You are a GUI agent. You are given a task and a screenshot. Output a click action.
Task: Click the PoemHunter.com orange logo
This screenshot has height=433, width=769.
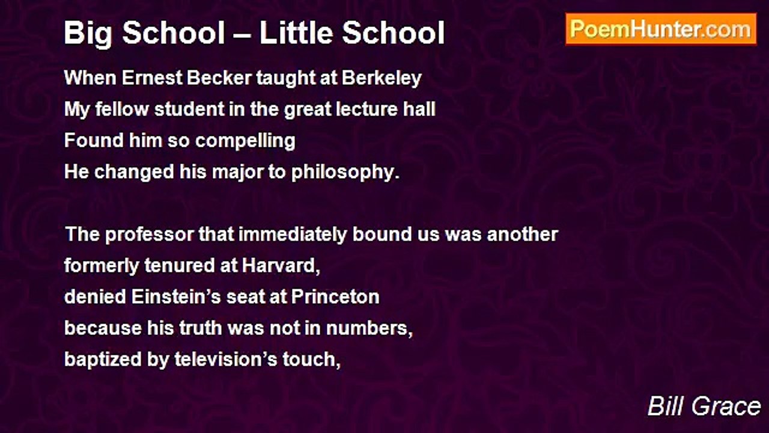point(661,29)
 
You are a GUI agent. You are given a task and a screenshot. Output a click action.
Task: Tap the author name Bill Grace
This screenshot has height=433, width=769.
point(704,407)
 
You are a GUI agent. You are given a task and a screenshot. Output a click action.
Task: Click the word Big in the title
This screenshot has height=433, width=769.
point(88,34)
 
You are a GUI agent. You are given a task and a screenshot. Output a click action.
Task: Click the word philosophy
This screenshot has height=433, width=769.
point(345,173)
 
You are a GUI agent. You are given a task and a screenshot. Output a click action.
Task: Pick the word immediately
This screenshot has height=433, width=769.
point(293,235)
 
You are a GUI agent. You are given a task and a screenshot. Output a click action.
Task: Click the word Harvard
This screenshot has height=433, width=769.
point(281,266)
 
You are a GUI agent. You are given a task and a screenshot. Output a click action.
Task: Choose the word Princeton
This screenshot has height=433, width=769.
point(335,297)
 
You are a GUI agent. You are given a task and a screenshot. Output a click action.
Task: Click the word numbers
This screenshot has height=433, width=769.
point(369,328)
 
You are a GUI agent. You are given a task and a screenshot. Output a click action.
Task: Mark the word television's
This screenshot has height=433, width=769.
point(226,360)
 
